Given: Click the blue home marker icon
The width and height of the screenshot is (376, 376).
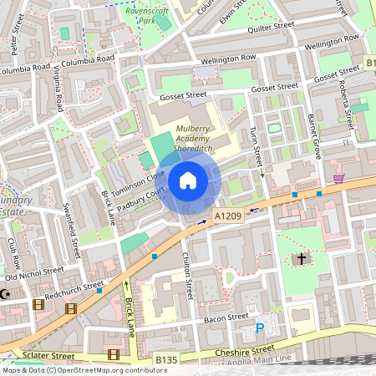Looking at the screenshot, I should [188, 180].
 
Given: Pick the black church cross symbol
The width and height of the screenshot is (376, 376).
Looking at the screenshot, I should [301, 260].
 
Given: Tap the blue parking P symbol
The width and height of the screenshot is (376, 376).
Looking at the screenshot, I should [260, 328].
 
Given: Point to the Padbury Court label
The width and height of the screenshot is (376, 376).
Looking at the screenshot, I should [139, 199].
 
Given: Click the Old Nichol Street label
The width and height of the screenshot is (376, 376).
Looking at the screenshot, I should [33, 274].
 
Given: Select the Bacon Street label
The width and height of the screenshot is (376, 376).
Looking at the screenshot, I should [226, 318].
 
